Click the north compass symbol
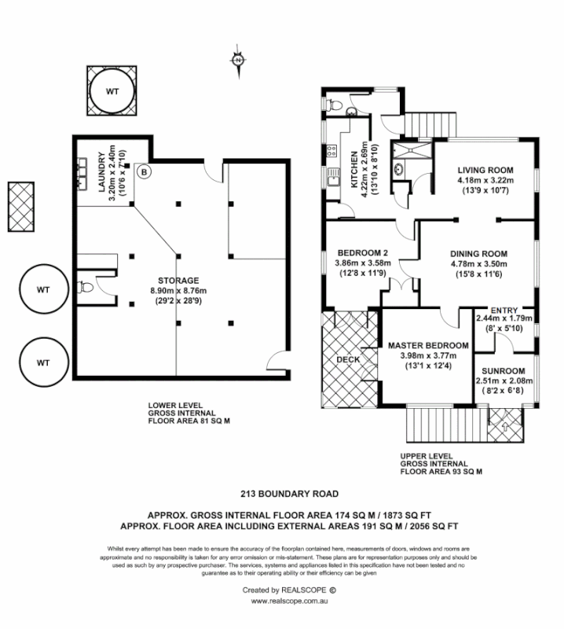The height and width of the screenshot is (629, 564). (x=237, y=59)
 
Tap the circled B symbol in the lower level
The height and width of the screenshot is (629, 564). (x=143, y=170)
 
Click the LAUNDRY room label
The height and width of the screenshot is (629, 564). (x=100, y=173)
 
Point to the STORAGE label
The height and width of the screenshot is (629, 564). (x=178, y=280)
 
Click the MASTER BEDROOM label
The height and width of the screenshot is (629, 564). (x=428, y=345)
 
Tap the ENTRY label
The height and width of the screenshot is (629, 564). (x=504, y=310)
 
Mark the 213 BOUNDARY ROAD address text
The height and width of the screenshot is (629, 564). (x=280, y=495)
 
